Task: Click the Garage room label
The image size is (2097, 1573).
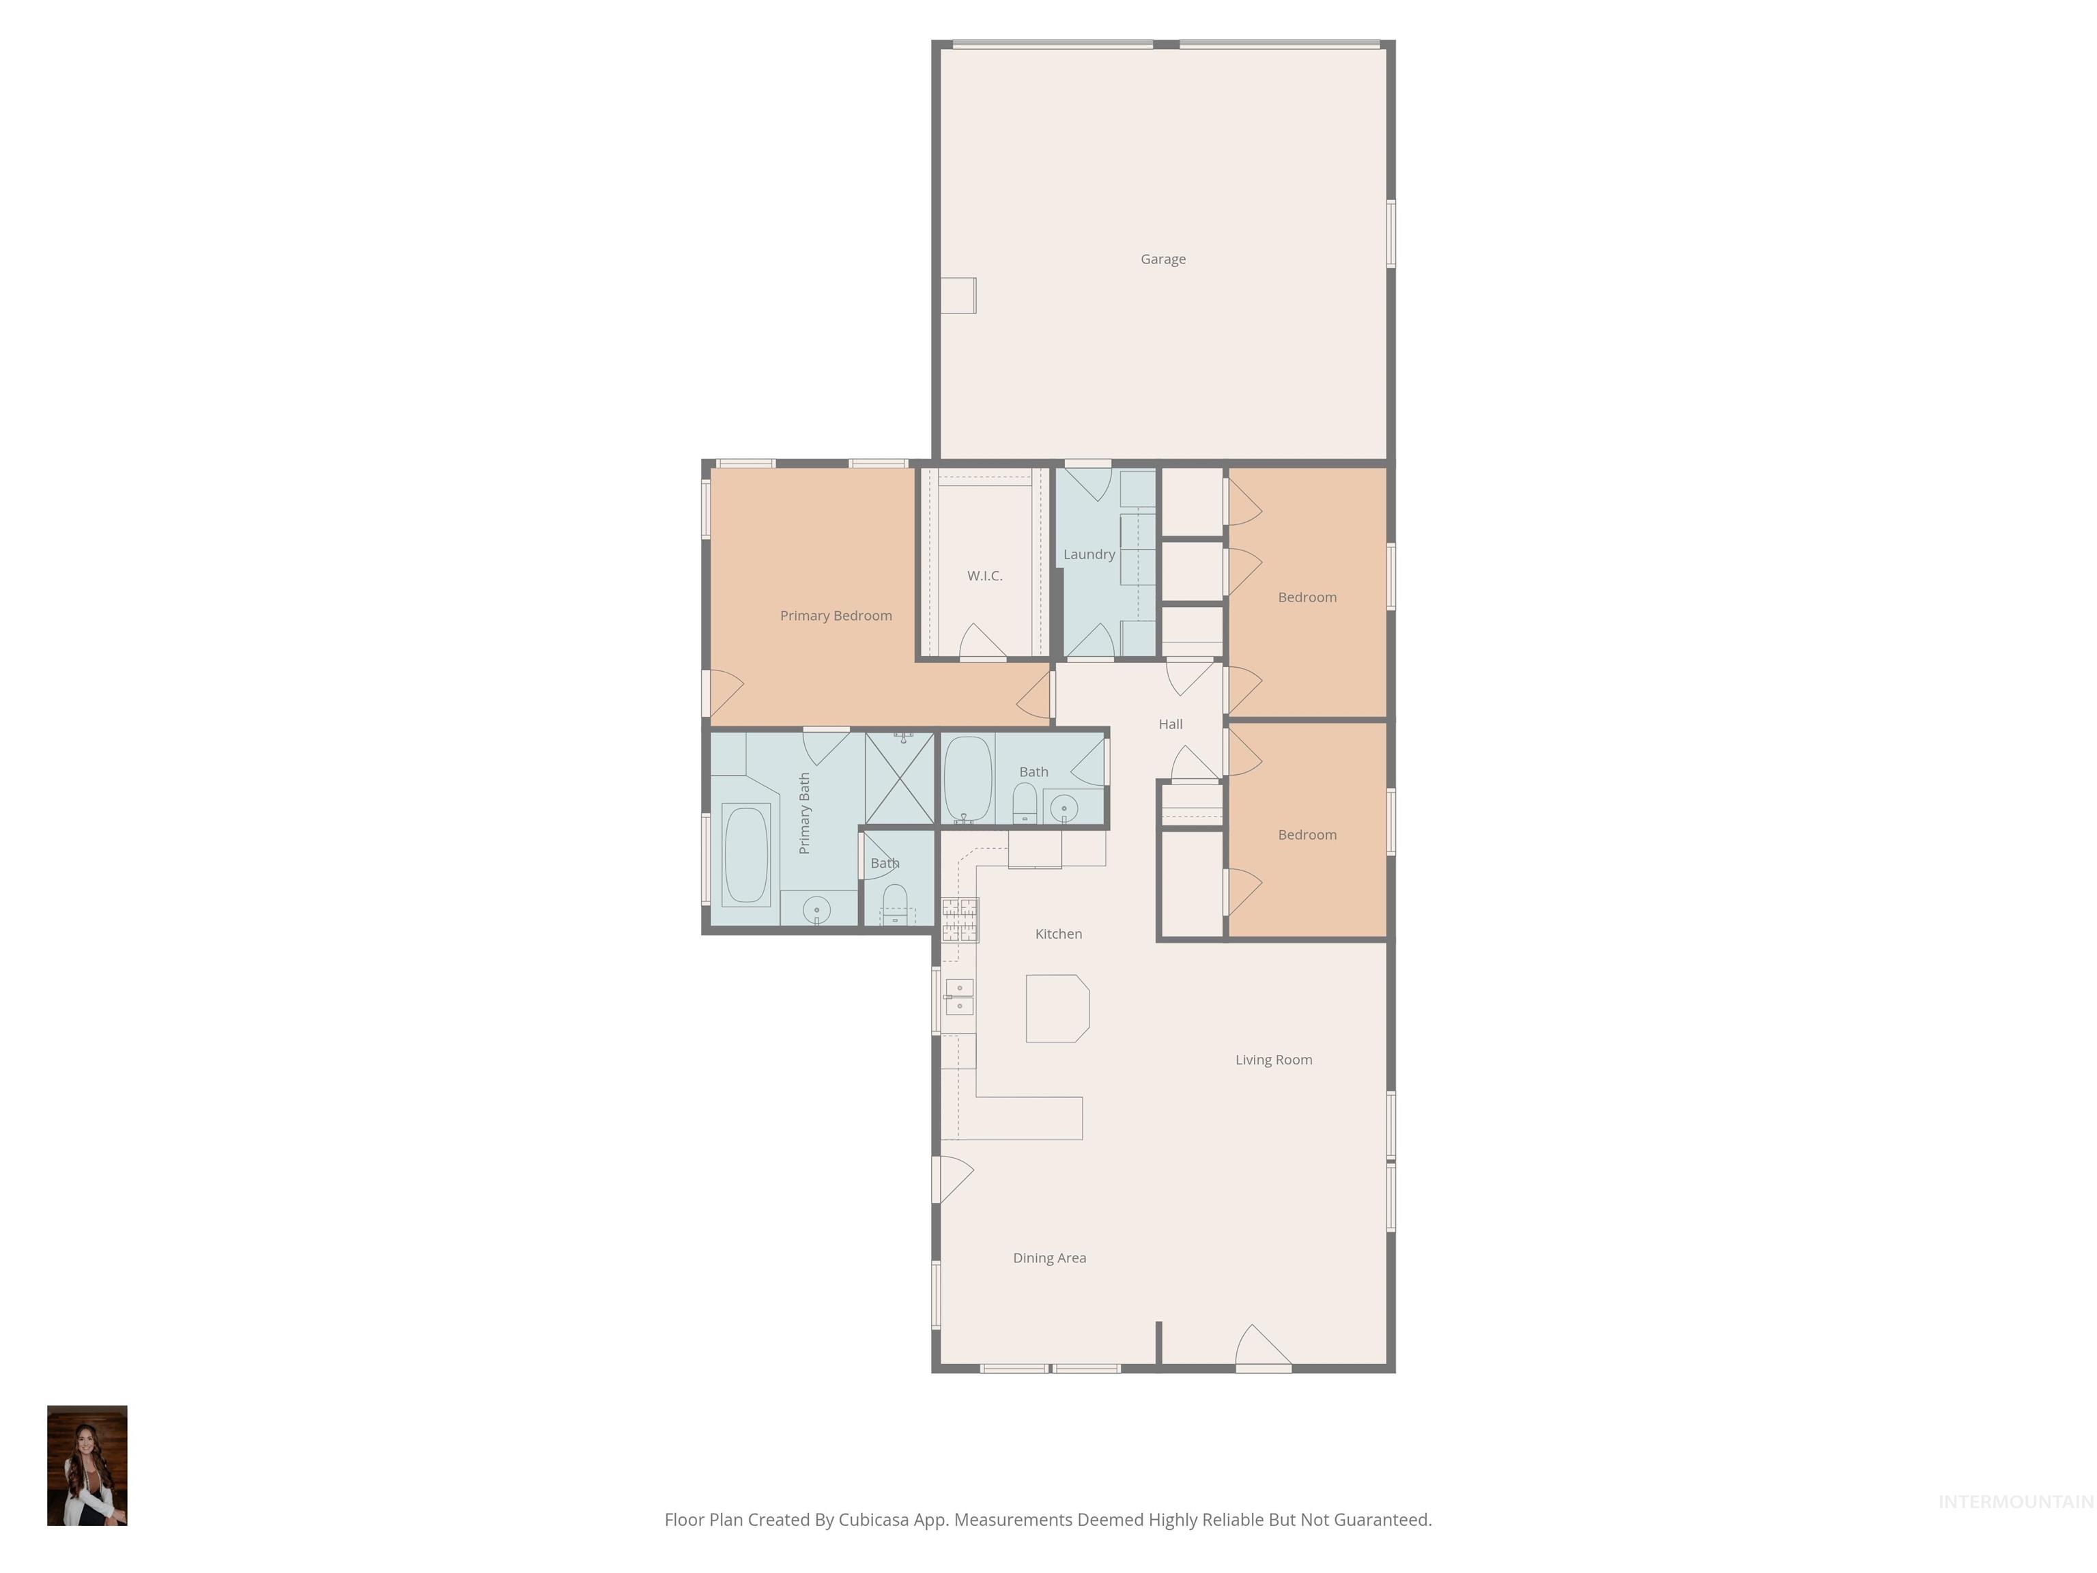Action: point(1162,259)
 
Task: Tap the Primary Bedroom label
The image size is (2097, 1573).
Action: point(836,615)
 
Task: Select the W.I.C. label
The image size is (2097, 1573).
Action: point(984,576)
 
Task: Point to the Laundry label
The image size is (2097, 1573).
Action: point(1088,554)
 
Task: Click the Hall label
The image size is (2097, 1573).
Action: point(1170,724)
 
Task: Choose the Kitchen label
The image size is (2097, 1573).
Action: point(1058,934)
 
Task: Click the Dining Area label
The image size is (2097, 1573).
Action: point(1048,1258)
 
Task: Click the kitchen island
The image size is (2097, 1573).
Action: point(1057,1008)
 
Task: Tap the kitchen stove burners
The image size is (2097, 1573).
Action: point(959,920)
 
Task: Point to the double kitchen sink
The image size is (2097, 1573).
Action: point(958,995)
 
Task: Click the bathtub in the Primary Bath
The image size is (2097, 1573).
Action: point(745,854)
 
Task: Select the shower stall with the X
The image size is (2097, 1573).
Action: point(899,778)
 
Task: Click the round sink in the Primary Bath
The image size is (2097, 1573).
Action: point(816,910)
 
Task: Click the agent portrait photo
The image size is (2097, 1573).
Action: point(87,1465)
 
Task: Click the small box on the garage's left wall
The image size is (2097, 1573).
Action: point(958,295)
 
